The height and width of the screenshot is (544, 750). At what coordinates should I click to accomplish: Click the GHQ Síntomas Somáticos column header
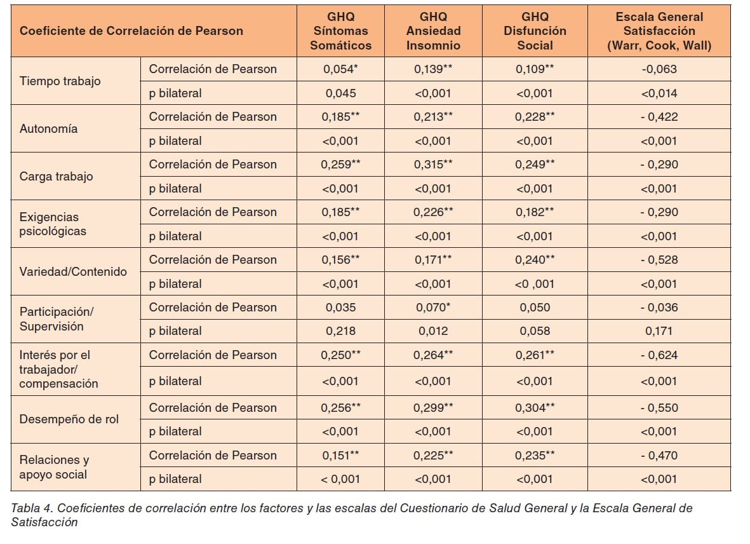tap(340, 31)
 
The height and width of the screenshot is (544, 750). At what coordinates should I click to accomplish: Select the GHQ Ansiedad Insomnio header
tap(433, 31)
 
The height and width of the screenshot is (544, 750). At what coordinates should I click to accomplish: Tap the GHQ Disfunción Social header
tap(535, 31)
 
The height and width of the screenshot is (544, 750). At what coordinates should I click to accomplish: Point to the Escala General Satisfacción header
tap(659, 31)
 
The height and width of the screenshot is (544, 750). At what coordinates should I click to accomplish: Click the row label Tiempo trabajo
tap(60, 81)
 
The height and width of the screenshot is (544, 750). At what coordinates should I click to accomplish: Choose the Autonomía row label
tap(49, 128)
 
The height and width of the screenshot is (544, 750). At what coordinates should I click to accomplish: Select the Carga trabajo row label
tap(57, 176)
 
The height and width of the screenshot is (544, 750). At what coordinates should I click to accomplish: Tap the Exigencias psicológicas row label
tap(53, 224)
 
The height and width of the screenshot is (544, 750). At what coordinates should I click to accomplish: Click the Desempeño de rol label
tap(69, 419)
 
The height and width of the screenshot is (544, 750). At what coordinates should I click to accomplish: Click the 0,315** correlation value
tap(433, 164)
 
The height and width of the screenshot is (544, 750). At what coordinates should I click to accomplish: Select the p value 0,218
tap(341, 331)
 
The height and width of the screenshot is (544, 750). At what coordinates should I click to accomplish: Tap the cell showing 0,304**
tap(535, 407)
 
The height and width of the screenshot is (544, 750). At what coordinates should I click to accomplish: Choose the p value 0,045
tap(341, 93)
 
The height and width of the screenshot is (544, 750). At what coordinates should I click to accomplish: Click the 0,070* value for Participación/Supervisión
tap(433, 307)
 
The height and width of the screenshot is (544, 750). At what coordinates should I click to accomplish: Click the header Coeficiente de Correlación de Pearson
tap(131, 31)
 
